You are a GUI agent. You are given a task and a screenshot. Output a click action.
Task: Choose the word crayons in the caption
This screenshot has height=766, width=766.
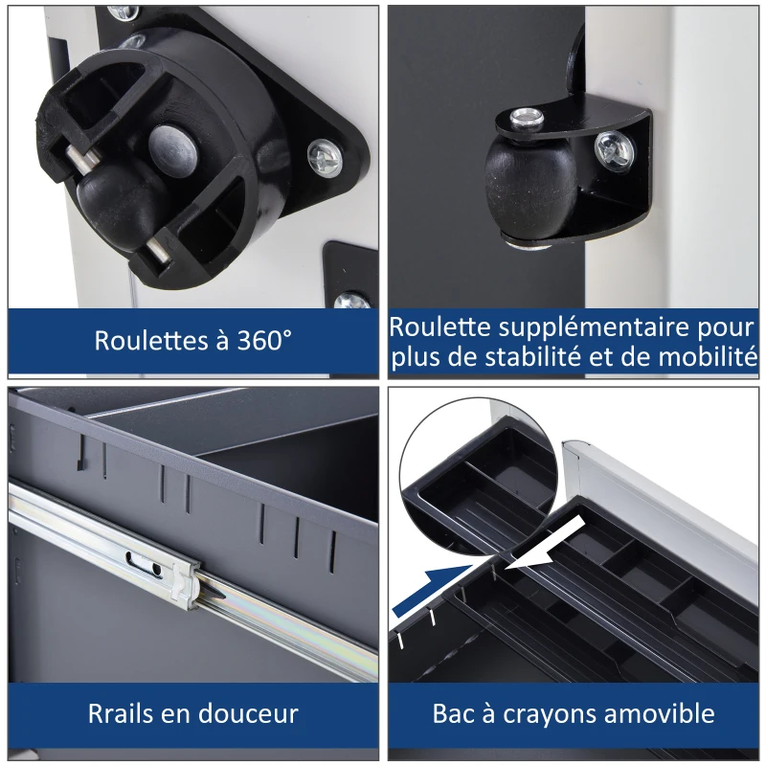[x=550, y=714]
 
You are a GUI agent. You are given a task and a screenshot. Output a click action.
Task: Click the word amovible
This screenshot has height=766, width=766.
[x=659, y=713]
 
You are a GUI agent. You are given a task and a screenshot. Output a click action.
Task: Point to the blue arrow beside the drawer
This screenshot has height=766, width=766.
[x=433, y=590]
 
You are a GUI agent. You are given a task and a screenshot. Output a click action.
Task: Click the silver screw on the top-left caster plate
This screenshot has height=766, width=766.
[x=325, y=157]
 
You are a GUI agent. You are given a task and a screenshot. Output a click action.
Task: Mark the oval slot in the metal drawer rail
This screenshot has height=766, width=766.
[x=145, y=563]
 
